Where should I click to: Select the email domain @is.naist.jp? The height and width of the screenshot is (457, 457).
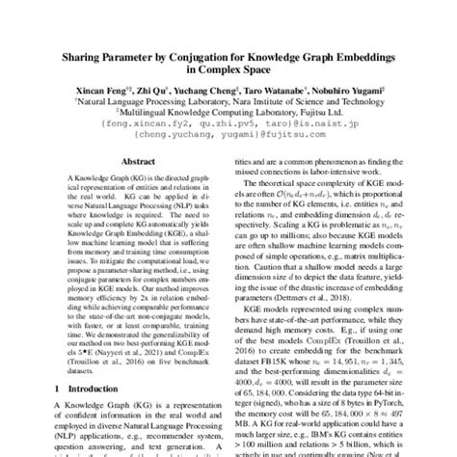[x=327, y=123]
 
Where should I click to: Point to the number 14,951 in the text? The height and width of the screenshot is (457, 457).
[x=367, y=357]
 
